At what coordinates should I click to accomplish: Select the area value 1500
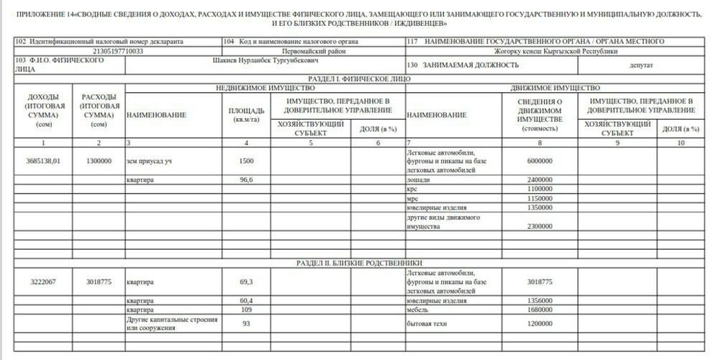click(x=246, y=162)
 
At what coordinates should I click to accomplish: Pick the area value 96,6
click(x=246, y=179)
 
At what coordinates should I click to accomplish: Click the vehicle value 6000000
click(x=539, y=162)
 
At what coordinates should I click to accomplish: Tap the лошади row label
click(x=419, y=179)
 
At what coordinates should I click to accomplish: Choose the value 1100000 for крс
click(x=539, y=189)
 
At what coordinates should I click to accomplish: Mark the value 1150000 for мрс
click(x=539, y=198)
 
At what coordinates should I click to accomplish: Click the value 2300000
click(x=539, y=227)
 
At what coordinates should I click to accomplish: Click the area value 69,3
click(x=246, y=282)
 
